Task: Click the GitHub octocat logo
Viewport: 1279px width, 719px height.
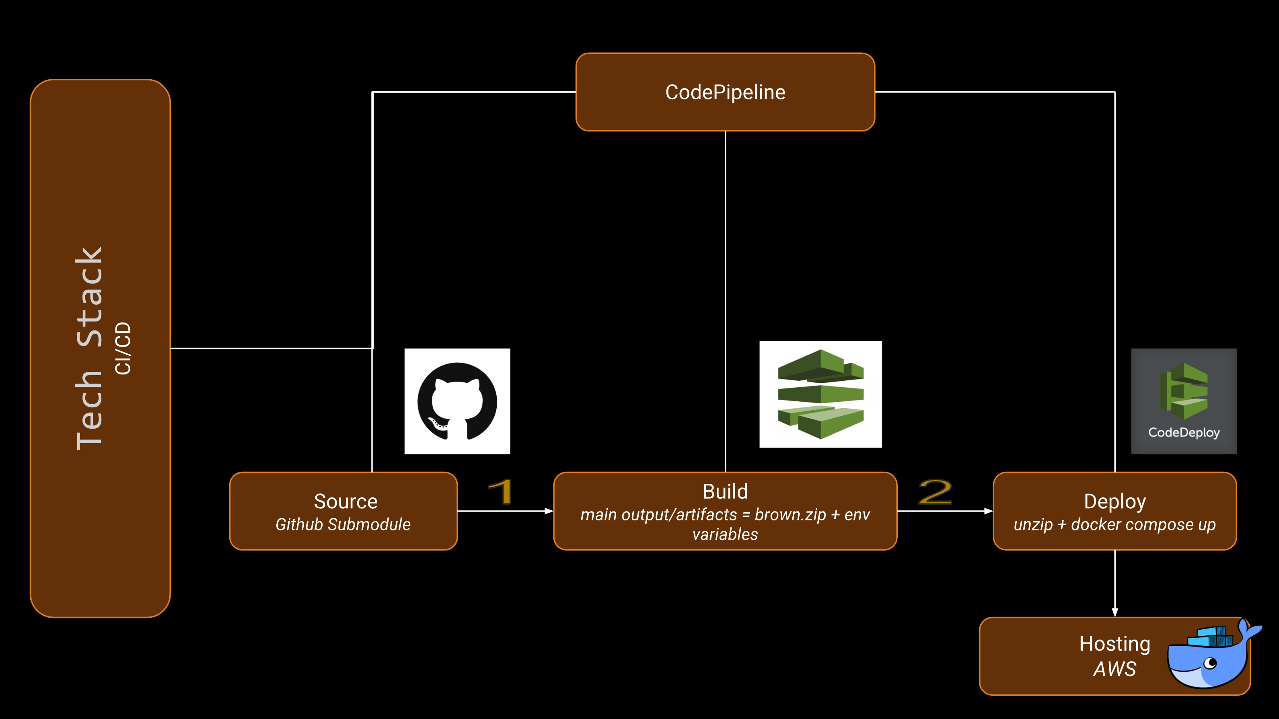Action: (457, 401)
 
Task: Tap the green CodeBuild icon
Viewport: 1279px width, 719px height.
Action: (820, 394)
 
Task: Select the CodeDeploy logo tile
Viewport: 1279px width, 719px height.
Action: (1184, 401)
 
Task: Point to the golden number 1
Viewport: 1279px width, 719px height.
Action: (500, 491)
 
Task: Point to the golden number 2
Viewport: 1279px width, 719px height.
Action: (935, 491)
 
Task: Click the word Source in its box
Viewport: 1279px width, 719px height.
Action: (345, 501)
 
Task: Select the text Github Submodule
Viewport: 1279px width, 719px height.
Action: (343, 524)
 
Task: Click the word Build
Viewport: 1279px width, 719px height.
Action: (725, 491)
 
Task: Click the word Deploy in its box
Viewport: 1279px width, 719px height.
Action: (1114, 501)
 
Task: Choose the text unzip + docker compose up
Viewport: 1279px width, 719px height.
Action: (1114, 525)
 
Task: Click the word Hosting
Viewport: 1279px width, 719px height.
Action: (1114, 644)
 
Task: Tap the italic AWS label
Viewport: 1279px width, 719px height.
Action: (1114, 669)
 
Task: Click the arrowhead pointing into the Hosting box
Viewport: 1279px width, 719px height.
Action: (1114, 612)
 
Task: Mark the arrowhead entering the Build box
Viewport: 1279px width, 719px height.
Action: (549, 511)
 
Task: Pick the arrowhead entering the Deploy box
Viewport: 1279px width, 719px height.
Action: (989, 511)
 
